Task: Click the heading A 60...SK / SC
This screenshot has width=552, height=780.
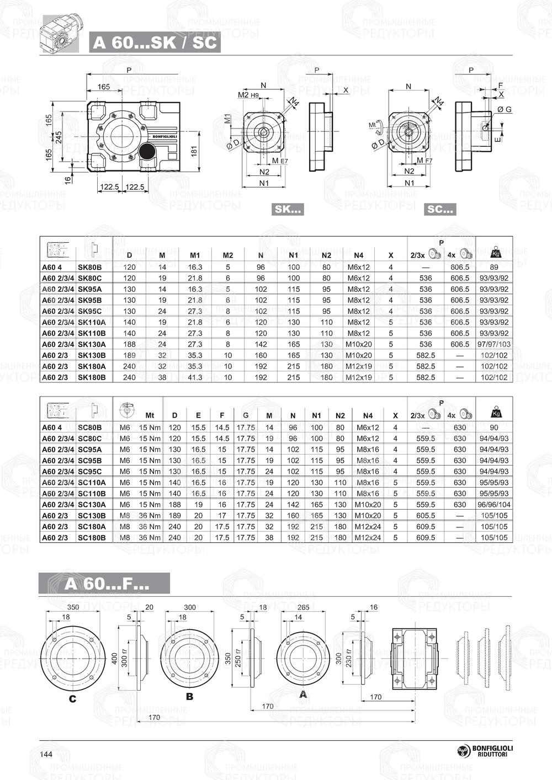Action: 155,42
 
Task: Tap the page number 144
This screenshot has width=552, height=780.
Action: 46,754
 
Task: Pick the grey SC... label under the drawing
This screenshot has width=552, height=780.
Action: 440,209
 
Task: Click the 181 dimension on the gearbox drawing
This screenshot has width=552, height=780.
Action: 194,151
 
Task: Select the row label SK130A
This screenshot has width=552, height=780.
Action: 92,344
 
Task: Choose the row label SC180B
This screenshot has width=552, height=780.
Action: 92,537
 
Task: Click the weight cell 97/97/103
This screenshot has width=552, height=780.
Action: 494,344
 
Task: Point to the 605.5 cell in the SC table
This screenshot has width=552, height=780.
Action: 426,515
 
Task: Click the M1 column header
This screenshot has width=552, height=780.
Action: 195,255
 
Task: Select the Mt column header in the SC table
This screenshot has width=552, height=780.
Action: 150,415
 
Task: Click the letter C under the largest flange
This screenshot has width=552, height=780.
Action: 72,699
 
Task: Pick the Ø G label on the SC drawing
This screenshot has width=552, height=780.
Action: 504,110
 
